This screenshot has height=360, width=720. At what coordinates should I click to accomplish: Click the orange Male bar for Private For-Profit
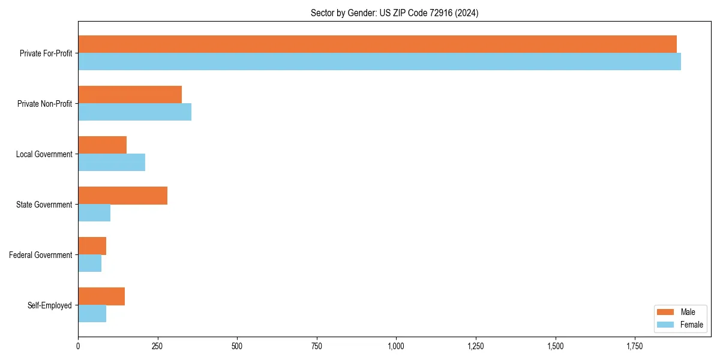click(377, 44)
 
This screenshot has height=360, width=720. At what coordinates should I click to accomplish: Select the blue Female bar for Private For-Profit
click(379, 62)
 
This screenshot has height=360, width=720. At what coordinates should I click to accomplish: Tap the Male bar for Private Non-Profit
click(130, 95)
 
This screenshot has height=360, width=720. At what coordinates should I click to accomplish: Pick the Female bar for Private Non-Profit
click(134, 112)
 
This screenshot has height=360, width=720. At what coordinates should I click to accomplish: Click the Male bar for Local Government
click(102, 145)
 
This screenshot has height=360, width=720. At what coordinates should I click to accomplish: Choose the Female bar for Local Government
click(112, 163)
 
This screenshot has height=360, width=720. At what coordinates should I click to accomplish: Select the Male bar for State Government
click(122, 196)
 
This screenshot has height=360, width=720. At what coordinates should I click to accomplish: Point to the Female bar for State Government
click(94, 213)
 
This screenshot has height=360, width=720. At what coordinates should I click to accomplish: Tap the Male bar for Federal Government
click(92, 246)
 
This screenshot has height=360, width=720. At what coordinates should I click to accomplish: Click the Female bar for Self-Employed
click(92, 314)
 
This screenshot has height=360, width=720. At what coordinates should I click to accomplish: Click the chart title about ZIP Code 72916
click(394, 13)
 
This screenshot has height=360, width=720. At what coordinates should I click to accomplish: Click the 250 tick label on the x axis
click(157, 346)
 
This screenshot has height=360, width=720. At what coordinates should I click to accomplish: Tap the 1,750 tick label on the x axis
click(635, 346)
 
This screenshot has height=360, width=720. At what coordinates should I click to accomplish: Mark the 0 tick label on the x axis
click(78, 346)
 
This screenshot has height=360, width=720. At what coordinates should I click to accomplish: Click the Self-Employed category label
click(49, 305)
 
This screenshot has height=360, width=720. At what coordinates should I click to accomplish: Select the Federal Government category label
click(40, 255)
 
